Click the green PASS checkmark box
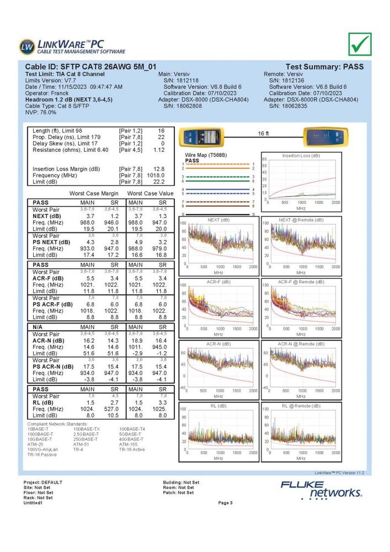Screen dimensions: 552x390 click(360, 45)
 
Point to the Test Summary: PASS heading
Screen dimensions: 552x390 click(324, 66)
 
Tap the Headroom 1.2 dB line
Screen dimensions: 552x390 click(69, 99)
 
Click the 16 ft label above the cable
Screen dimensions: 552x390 click(263, 134)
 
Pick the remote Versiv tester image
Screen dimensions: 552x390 click(324, 136)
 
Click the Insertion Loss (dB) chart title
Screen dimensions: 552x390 click(301, 156)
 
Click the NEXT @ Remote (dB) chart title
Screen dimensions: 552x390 click(301, 220)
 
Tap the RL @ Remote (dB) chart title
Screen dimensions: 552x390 click(301, 406)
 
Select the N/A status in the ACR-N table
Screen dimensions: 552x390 click(38, 327)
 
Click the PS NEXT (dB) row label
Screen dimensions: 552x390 click(51, 242)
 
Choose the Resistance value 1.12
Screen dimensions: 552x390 click(159, 150)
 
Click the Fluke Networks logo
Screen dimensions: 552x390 click(321, 488)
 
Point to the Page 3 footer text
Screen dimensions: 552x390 click(226, 503)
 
